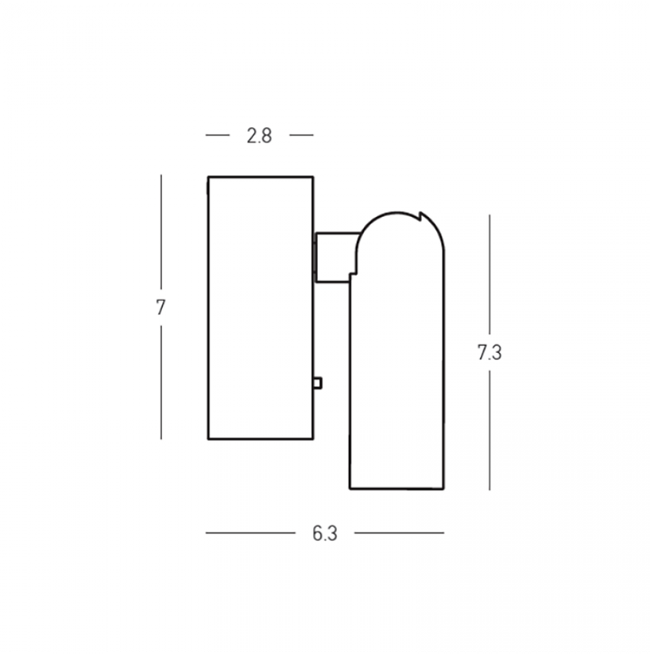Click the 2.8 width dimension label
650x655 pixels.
coord(259,136)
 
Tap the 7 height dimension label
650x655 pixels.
coord(161,308)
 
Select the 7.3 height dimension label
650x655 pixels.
coord(489,353)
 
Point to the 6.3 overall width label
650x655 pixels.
coord(325,533)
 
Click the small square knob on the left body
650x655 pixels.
coord(318,383)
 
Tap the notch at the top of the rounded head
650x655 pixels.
coord(421,216)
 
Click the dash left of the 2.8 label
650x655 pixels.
coord(218,135)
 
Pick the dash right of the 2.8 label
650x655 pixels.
coord(301,135)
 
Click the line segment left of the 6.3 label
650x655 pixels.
coord(250,533)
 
